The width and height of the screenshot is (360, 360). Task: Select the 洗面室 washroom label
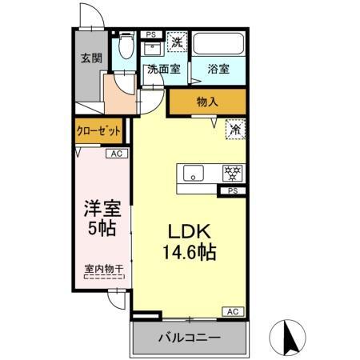pos(163,70)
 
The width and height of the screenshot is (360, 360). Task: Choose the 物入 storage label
pos(208,102)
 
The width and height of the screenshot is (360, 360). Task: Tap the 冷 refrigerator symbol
pos(235,127)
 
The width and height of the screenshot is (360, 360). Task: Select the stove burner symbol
pos(232,172)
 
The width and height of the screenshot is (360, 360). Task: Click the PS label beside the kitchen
pos(232,191)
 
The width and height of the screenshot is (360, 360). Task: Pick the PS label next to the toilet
pos(150,34)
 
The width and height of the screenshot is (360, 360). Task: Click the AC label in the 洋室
pos(116,154)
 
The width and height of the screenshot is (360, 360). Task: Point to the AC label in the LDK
pos(234,310)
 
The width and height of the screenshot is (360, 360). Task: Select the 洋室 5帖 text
pos(102,218)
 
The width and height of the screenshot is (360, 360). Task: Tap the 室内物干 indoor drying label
pos(103,270)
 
